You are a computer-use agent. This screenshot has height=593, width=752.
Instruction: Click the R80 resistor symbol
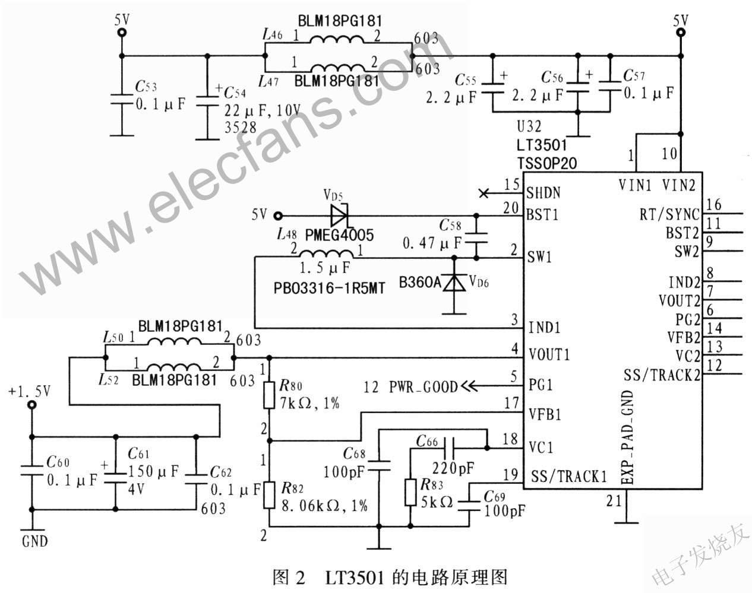(x=268, y=395)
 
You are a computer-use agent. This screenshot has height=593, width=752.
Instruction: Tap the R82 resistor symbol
(x=268, y=494)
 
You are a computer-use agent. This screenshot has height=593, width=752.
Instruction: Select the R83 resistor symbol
(x=410, y=493)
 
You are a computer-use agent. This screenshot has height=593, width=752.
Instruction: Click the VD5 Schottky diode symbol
(x=339, y=215)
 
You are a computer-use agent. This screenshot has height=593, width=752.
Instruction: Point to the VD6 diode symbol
(x=454, y=283)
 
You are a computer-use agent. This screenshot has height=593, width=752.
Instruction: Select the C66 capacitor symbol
(x=448, y=448)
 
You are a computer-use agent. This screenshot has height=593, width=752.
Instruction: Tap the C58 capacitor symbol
(x=476, y=238)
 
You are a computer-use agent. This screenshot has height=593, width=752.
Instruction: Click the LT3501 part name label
(x=541, y=145)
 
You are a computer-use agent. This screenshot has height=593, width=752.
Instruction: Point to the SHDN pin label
(x=544, y=193)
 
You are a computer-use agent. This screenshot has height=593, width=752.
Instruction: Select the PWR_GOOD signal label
(x=424, y=386)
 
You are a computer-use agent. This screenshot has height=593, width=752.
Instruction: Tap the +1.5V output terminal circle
(x=32, y=405)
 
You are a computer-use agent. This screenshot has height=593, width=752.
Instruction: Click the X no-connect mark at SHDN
(x=484, y=193)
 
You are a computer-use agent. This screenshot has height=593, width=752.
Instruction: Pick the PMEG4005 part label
(x=339, y=235)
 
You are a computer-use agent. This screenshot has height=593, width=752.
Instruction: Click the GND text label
(x=35, y=542)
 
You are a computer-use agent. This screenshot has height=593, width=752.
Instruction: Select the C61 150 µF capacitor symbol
(x=115, y=478)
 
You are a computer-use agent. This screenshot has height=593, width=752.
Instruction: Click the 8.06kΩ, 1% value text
(x=325, y=506)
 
